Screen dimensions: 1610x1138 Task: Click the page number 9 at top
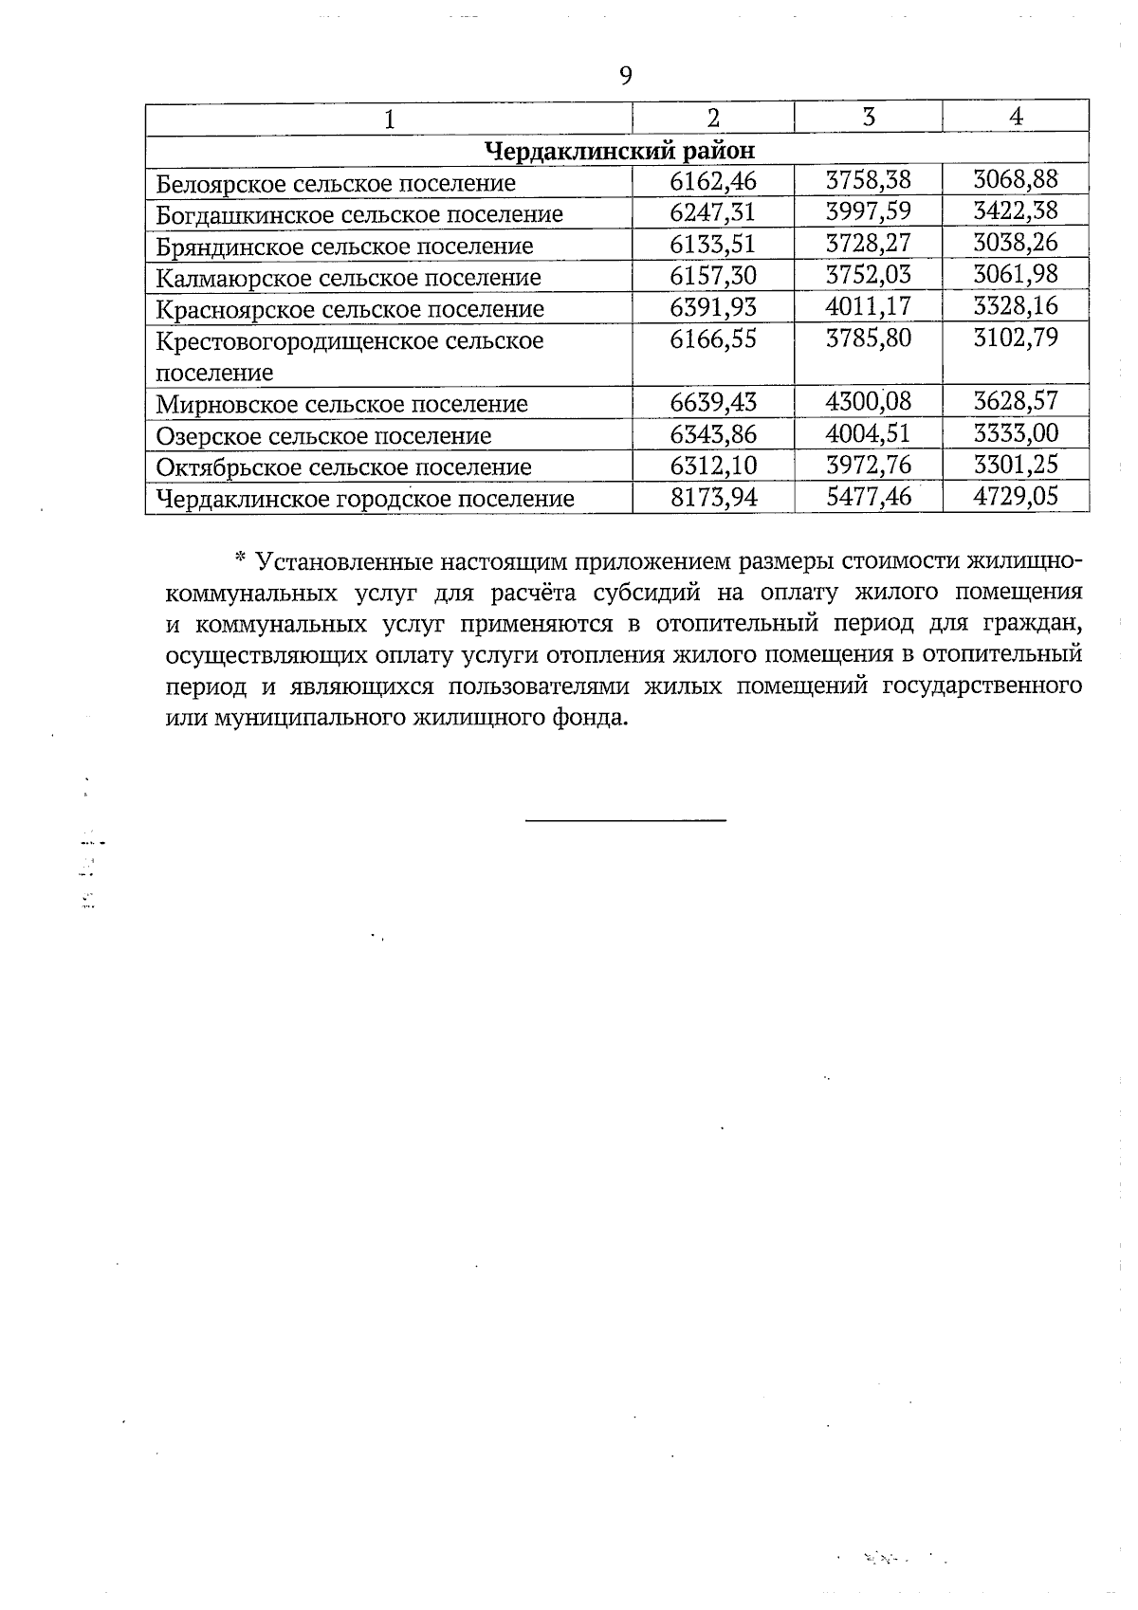tap(625, 76)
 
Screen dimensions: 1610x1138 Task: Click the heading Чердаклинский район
tap(620, 150)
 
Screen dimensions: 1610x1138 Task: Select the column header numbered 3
tap(868, 117)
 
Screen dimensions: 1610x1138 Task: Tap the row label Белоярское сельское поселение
tap(336, 182)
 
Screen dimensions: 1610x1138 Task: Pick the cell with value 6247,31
tap(713, 211)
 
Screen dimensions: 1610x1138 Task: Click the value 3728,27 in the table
tap(868, 243)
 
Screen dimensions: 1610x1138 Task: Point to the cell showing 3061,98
tap(1016, 275)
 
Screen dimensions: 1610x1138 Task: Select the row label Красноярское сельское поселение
tap(350, 309)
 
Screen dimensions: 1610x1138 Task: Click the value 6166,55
tap(713, 338)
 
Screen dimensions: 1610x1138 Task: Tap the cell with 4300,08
tap(868, 401)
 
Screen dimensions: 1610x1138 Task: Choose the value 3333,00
tap(1016, 433)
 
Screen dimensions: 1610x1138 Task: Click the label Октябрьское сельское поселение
tap(343, 467)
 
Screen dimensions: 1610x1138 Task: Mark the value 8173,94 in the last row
tap(713, 497)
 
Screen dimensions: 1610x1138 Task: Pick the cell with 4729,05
tap(1016, 496)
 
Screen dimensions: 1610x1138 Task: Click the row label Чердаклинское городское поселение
tap(365, 499)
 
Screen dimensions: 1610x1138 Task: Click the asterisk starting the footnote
tap(240, 558)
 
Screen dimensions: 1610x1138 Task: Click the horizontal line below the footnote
tap(626, 818)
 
